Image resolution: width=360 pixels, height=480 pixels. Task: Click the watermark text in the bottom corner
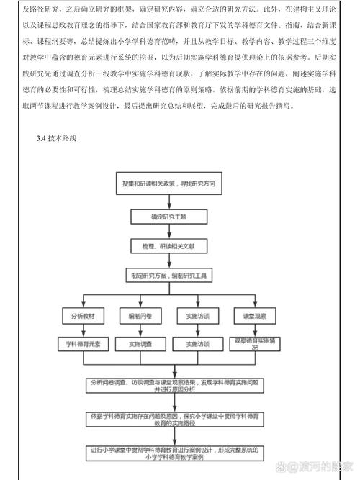[324, 466]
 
